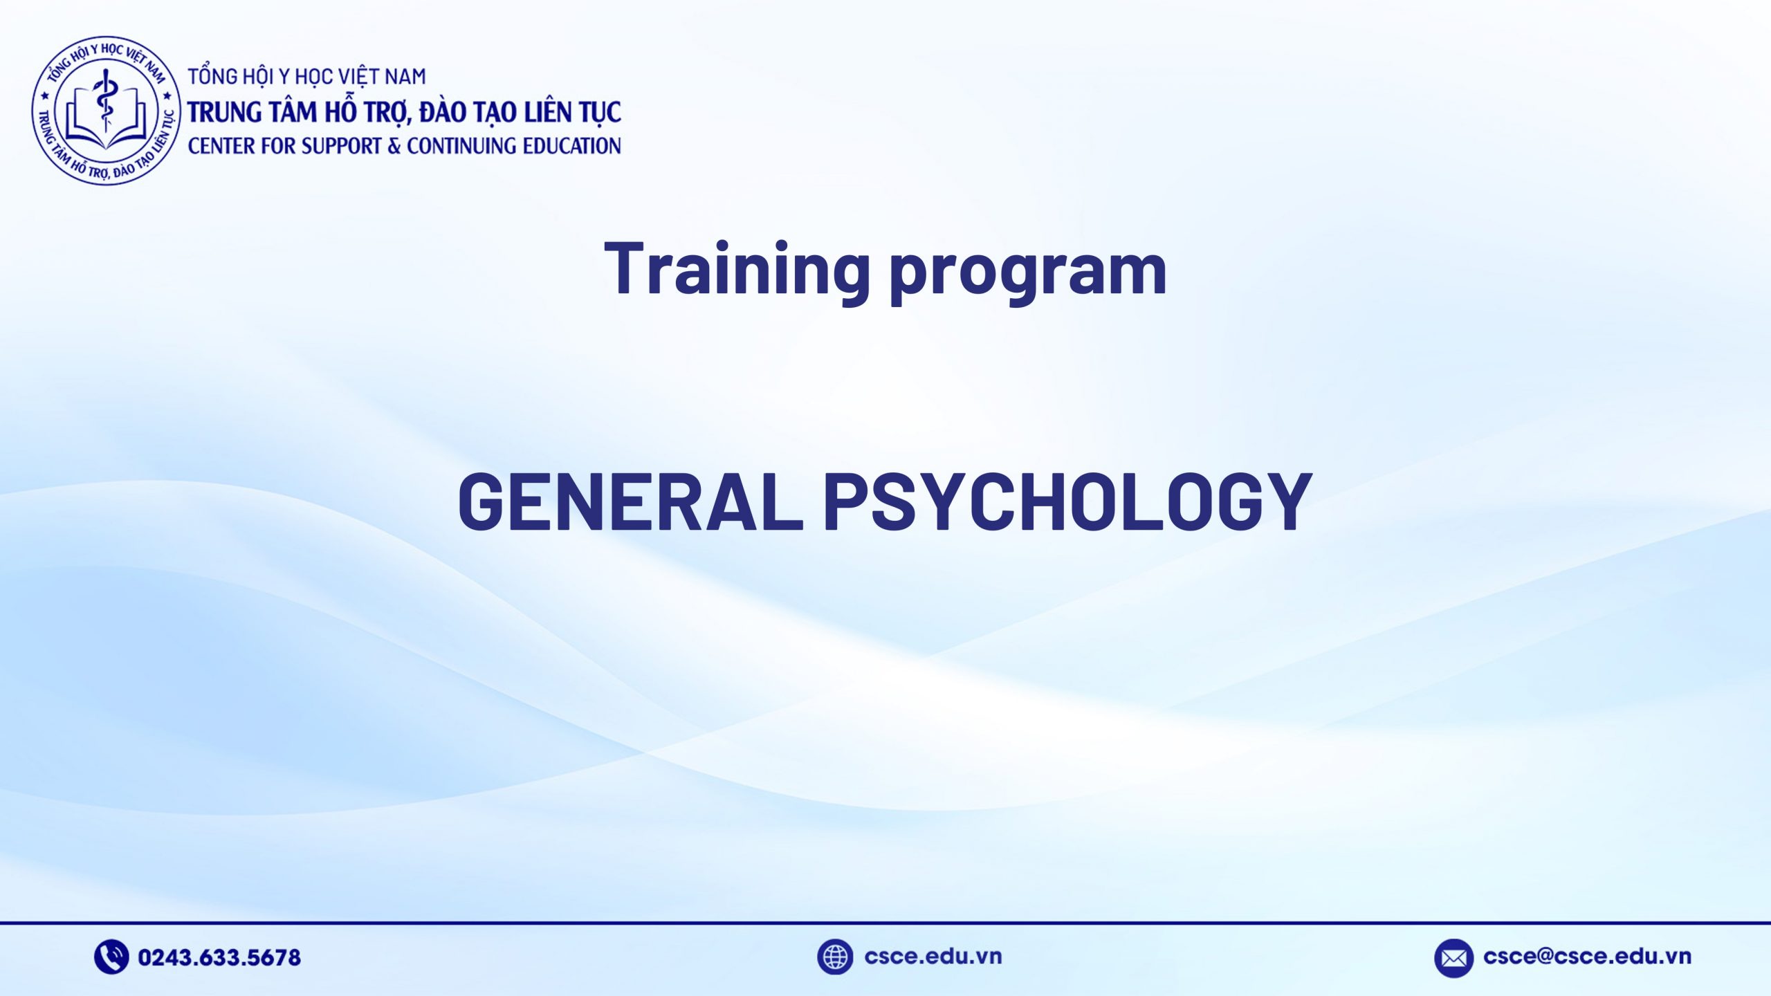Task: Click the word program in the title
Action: [x=1028, y=273]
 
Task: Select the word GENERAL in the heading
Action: [x=630, y=502]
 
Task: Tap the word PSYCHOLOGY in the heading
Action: [x=1067, y=502]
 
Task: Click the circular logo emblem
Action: [x=106, y=111]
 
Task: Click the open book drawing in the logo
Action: [x=106, y=128]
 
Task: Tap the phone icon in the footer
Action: [x=111, y=957]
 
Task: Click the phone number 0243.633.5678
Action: [x=219, y=957]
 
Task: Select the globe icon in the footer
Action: [x=834, y=957]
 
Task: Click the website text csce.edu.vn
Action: [x=933, y=957]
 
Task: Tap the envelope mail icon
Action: [x=1453, y=958]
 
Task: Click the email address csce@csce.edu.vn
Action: [x=1587, y=957]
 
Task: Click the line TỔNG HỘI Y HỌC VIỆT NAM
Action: [x=306, y=76]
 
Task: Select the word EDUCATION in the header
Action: [x=571, y=146]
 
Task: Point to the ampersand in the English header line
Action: [x=394, y=146]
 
